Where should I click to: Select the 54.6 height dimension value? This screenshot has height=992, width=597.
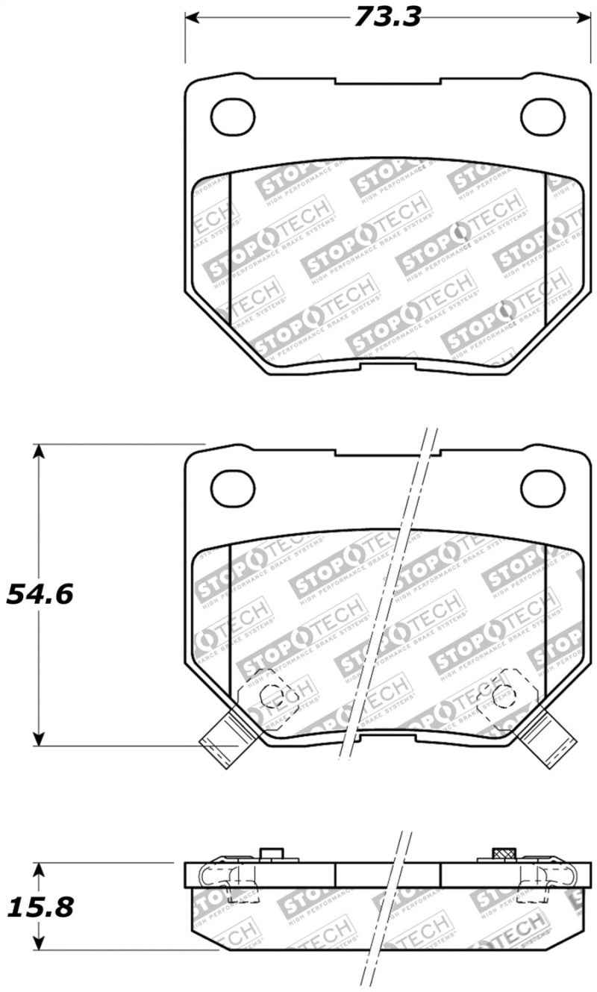[40, 594]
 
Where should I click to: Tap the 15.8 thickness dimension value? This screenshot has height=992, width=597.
[40, 907]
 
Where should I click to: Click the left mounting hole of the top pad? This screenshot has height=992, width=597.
[233, 116]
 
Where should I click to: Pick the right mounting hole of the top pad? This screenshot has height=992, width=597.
[542, 116]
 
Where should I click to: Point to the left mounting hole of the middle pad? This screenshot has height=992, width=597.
[233, 488]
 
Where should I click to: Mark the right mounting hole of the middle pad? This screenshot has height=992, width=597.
[542, 488]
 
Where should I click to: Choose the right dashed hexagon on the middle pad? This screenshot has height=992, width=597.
[501, 696]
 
